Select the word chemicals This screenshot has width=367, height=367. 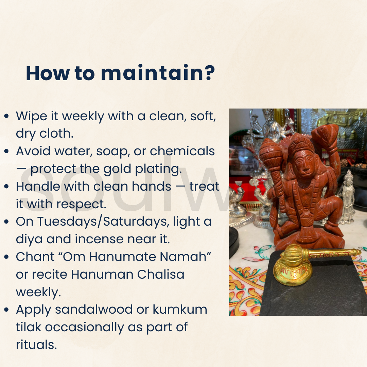(182, 151)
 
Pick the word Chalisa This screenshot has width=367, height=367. (160, 274)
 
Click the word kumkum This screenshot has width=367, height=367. (180, 310)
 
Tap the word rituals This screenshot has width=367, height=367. (36, 345)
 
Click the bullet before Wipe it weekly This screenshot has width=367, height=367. (6, 116)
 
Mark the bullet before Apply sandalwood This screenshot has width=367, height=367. (6, 310)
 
